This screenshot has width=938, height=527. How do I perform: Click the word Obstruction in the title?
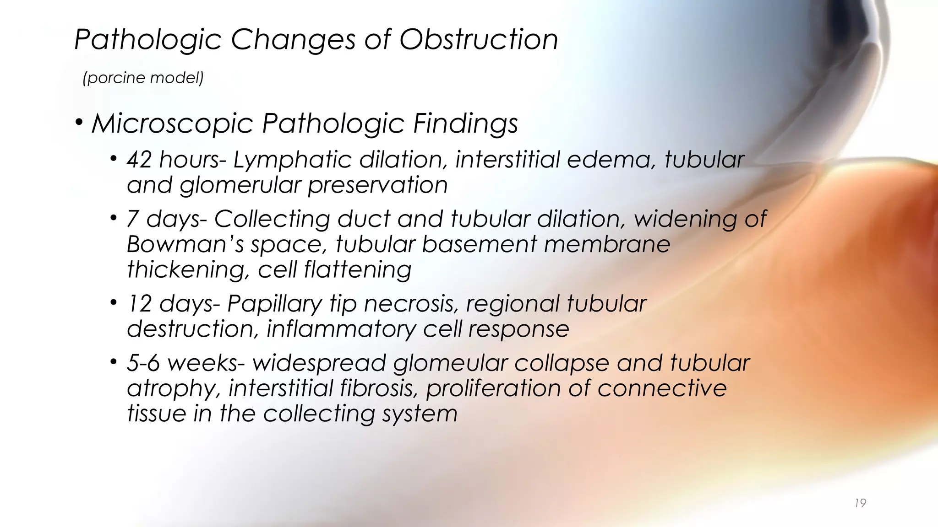(x=479, y=39)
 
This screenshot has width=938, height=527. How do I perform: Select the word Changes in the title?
(x=293, y=40)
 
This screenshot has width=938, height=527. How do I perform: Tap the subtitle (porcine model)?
(x=143, y=78)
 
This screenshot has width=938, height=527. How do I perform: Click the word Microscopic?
(x=173, y=124)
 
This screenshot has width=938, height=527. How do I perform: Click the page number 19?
(x=860, y=503)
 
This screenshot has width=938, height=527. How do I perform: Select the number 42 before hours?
(x=139, y=160)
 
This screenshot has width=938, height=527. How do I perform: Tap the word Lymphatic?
(x=292, y=161)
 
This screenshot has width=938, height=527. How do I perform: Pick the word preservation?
(x=377, y=186)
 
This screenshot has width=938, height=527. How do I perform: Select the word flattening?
(x=357, y=270)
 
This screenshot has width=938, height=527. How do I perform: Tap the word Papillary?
(x=275, y=304)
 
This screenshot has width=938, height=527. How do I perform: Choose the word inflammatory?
(x=341, y=329)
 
